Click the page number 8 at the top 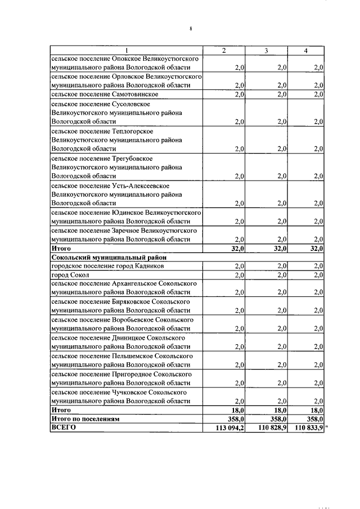point(191,29)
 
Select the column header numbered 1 point(127,51)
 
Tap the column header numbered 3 point(266,51)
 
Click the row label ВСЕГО point(63,427)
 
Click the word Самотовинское point(135,94)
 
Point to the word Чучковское point(132,391)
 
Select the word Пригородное point(134,373)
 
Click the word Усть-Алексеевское point(138,186)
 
